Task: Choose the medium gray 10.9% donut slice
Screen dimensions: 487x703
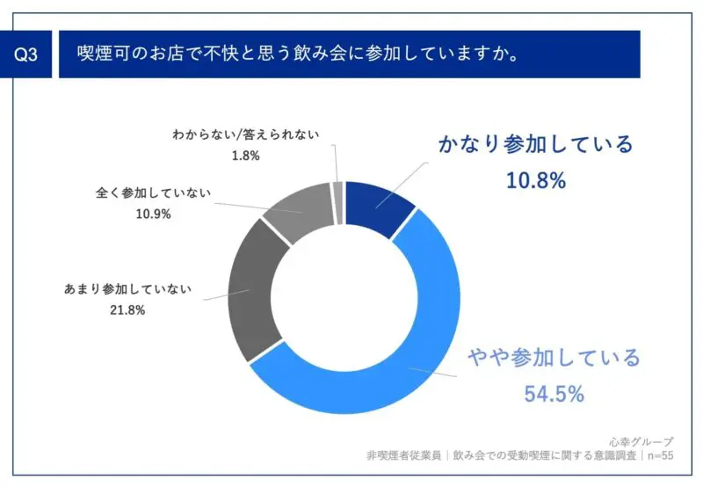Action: coord(294,206)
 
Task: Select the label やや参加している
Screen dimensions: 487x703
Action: coord(554,358)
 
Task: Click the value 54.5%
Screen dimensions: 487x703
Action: coord(554,394)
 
